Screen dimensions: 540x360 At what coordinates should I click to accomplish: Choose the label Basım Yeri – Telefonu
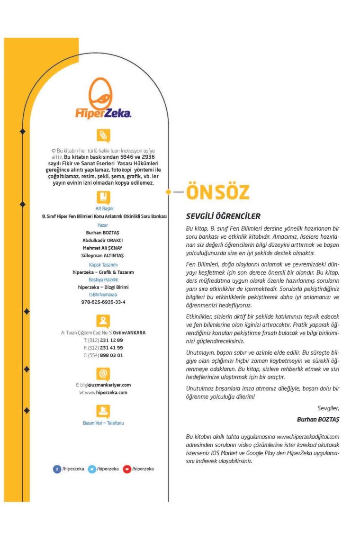[103, 423]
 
